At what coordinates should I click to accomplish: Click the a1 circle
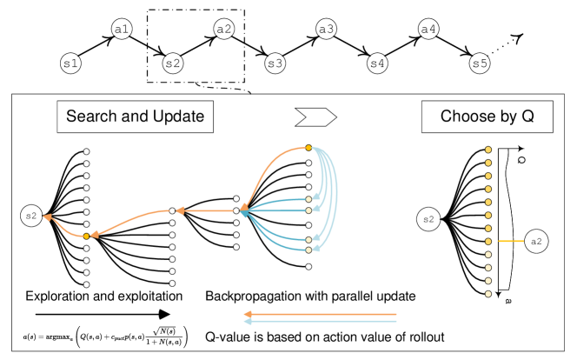[122, 29]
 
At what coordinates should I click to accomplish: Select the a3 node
[326, 29]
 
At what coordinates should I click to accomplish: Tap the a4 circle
[428, 29]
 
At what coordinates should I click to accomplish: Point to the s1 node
[70, 63]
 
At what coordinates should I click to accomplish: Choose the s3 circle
[275, 63]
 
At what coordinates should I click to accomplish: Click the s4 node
[377, 63]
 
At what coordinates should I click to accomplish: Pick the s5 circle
[480, 63]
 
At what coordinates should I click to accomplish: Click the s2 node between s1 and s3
[173, 63]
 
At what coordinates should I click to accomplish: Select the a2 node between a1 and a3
[223, 29]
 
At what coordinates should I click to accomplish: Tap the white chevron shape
[315, 117]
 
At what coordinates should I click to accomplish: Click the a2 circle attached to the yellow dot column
[536, 241]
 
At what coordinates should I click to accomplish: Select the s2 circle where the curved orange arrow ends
[31, 216]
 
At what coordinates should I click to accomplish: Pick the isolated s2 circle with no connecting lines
[428, 219]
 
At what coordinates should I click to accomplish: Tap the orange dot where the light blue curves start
[308, 148]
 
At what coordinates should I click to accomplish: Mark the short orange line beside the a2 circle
[510, 241]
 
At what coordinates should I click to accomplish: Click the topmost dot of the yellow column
[488, 150]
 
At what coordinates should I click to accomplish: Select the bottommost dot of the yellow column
[488, 294]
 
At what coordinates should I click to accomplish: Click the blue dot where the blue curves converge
[244, 210]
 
